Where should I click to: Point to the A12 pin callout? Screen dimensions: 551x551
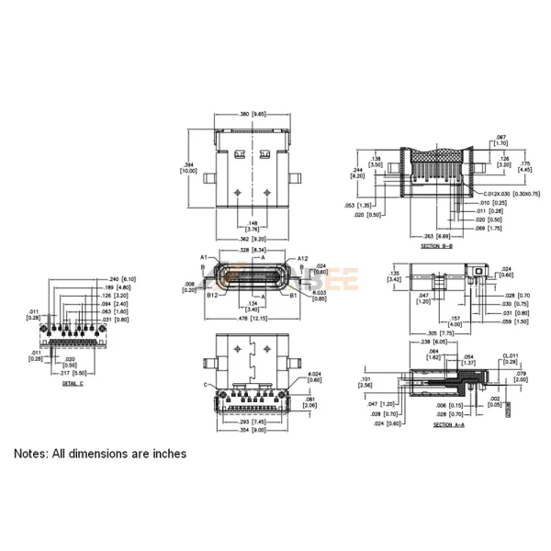tap(303, 258)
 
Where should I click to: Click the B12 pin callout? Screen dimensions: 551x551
tap(211, 296)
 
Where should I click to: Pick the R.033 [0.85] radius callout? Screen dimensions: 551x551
tap(319, 296)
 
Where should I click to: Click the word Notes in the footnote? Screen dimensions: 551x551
tap(32, 454)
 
